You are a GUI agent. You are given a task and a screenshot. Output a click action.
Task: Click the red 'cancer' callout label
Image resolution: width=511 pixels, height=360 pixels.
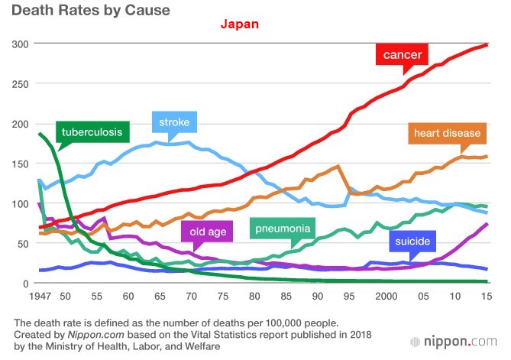404,55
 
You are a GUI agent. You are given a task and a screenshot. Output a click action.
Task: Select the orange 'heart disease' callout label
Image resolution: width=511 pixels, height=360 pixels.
447,134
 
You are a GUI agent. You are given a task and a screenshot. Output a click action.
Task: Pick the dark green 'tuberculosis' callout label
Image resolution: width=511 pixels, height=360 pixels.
92,132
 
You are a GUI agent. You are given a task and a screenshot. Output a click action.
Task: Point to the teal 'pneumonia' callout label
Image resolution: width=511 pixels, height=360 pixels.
283,228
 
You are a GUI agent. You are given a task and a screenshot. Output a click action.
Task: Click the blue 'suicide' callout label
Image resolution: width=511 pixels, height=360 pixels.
413,243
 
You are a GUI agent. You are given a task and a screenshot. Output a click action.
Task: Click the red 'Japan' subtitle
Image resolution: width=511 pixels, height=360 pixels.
240,24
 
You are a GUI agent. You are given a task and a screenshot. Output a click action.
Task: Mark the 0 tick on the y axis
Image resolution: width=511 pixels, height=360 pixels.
25,284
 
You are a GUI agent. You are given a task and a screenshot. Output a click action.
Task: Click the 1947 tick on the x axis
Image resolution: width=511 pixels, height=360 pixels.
39,296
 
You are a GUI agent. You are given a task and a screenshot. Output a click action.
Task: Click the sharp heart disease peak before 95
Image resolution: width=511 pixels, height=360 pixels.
337,166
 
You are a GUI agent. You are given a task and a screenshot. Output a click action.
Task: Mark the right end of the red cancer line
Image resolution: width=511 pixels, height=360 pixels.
487,45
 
